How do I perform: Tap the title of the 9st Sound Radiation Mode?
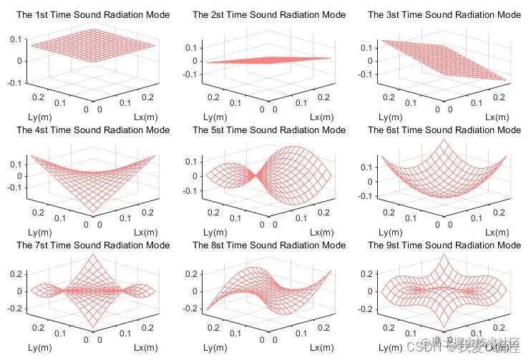[444, 245]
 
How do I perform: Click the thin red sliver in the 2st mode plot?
[268, 60]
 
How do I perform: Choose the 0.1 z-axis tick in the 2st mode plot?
[191, 47]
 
